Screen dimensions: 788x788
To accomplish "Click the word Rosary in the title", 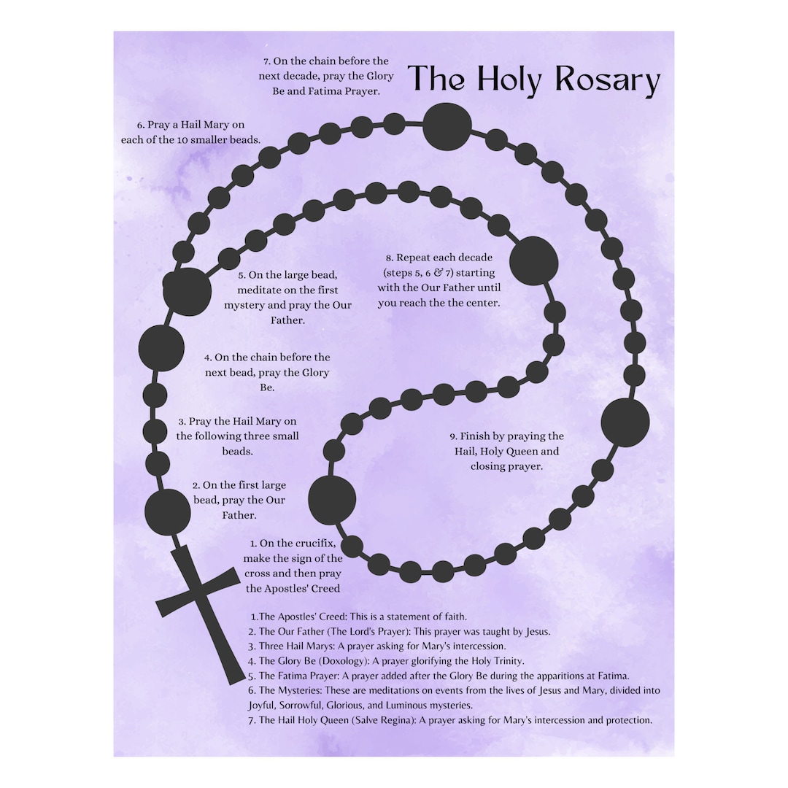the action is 607,80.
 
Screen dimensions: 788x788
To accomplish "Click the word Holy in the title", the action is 509,80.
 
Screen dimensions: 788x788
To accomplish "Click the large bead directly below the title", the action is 447,127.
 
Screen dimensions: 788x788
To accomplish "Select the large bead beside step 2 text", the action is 167,511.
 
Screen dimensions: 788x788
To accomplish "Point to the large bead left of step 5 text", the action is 188,292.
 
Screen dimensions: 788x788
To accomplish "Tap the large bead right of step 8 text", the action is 533,261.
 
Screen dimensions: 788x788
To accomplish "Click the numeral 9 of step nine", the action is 452,437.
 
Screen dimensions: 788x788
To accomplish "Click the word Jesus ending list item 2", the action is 538,632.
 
